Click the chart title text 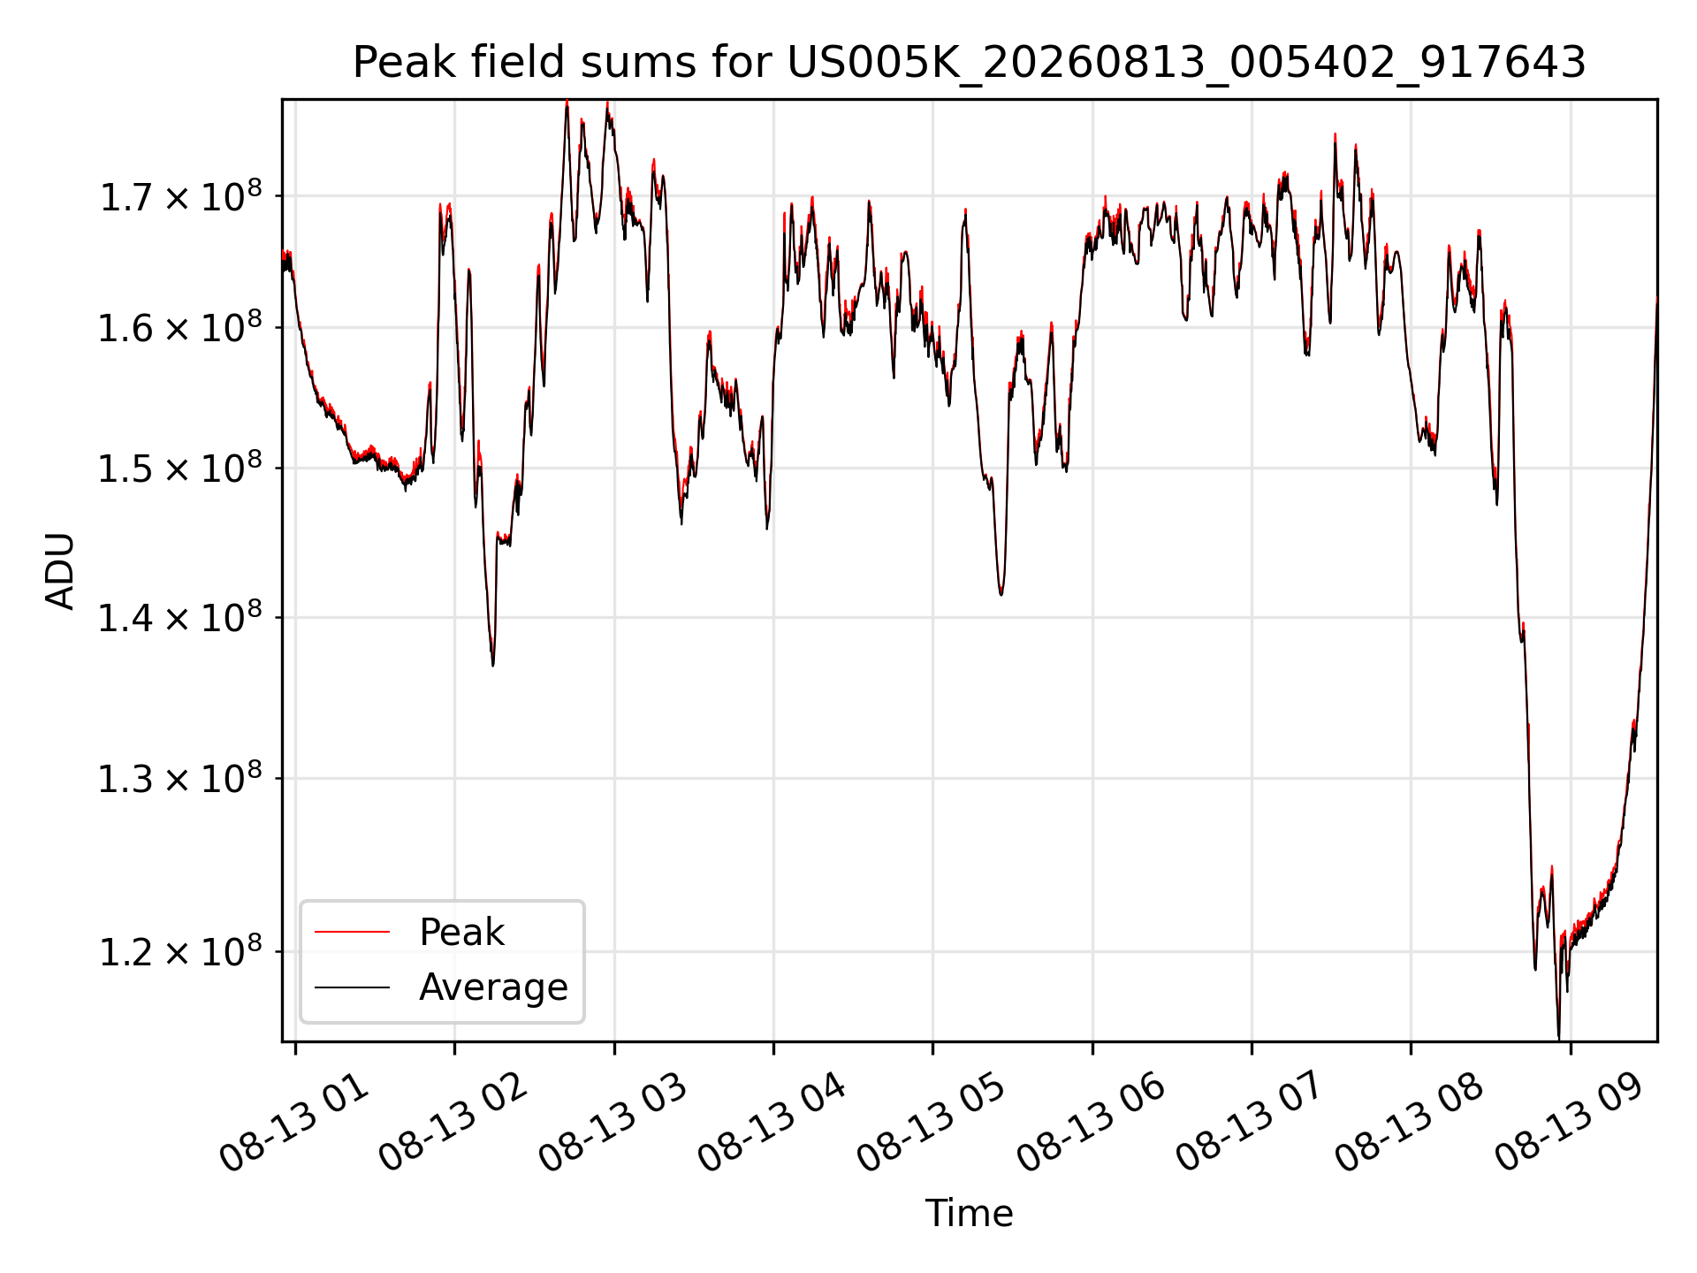click(x=969, y=63)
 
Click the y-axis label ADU click(x=60, y=571)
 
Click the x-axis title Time click(x=969, y=1213)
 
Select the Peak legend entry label click(x=461, y=932)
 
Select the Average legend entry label click(x=493, y=987)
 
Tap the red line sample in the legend click(x=352, y=932)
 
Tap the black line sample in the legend click(x=352, y=987)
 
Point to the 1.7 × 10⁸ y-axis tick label click(x=180, y=195)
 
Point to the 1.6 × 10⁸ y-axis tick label click(x=180, y=327)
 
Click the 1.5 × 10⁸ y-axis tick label click(x=180, y=468)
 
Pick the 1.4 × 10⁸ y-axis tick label click(x=180, y=617)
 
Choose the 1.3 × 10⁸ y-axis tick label click(x=180, y=778)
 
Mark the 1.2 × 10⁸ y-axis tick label click(x=180, y=951)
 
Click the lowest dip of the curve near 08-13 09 click(x=1558, y=1037)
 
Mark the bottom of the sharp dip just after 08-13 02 click(x=492, y=665)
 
